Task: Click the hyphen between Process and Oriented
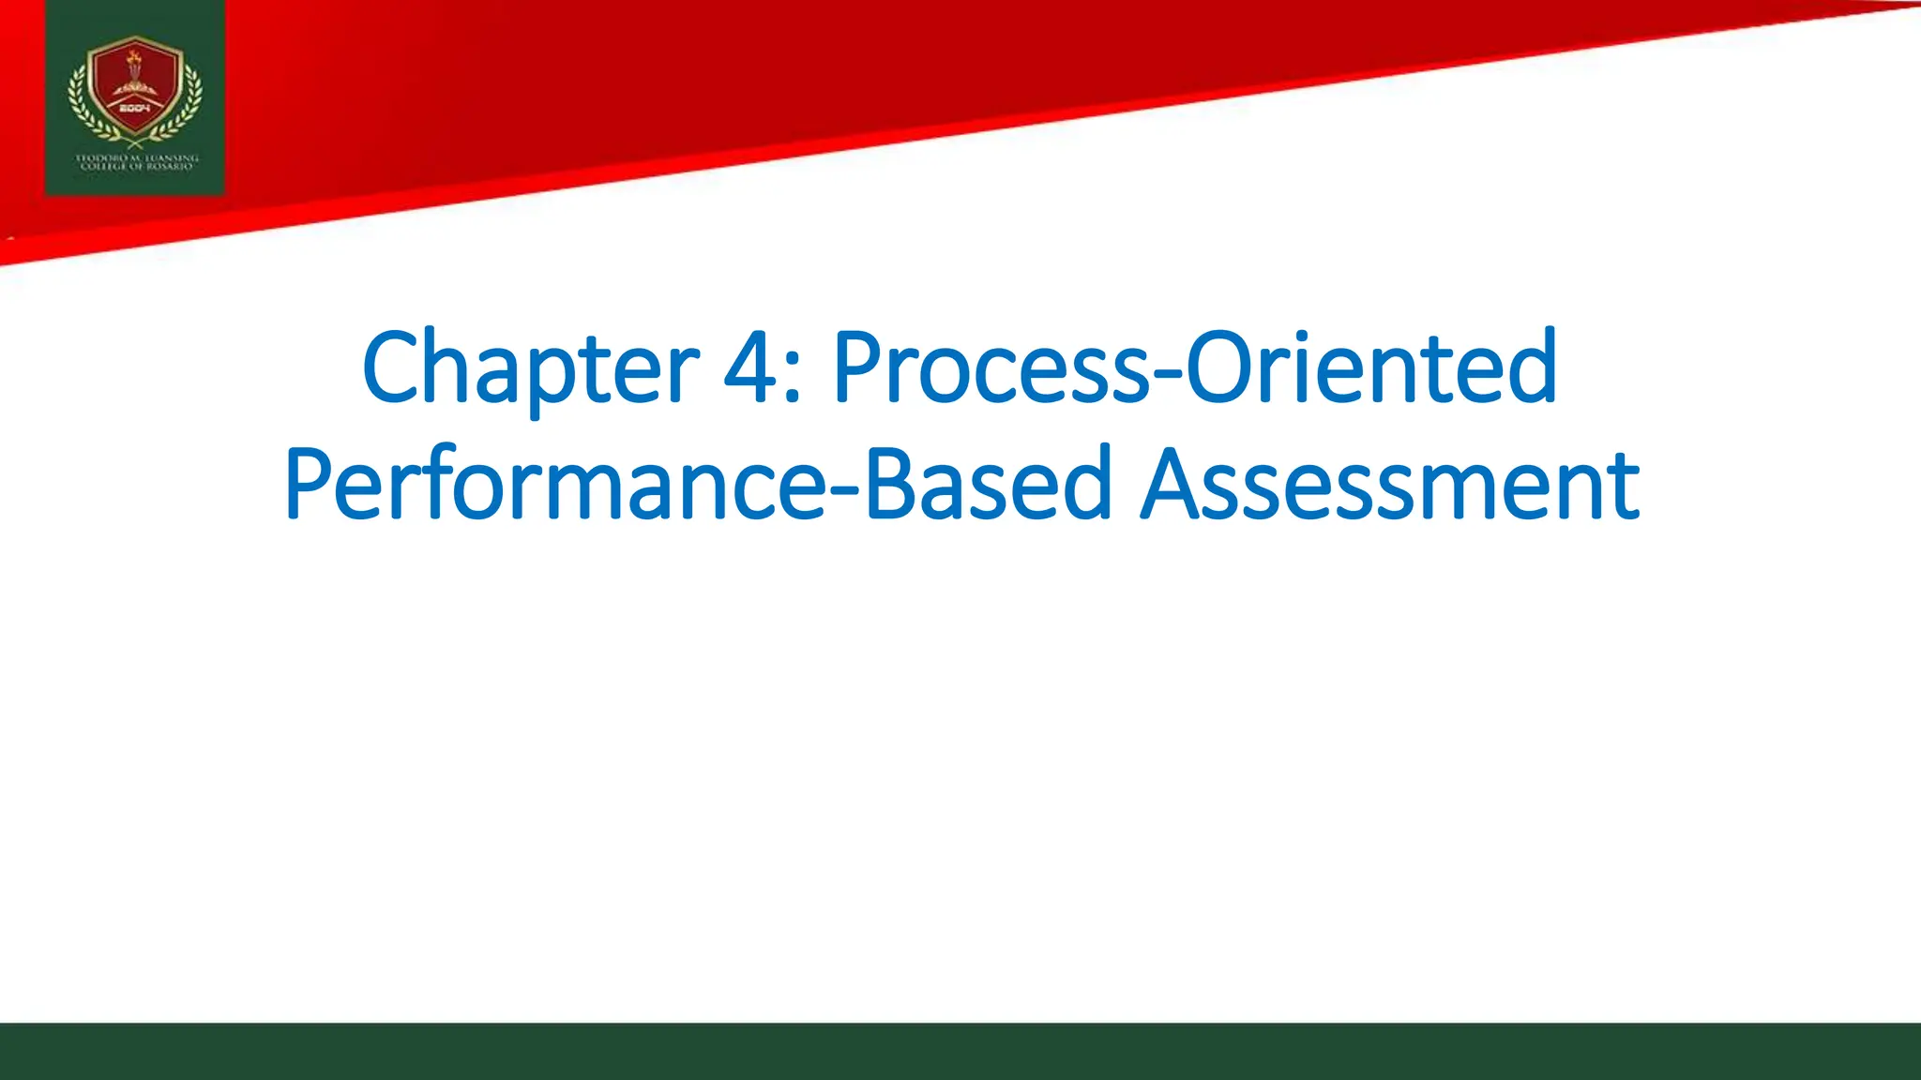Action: coord(1168,375)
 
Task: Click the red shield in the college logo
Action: coord(135,89)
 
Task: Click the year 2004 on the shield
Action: coord(135,109)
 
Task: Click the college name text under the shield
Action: coord(136,161)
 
